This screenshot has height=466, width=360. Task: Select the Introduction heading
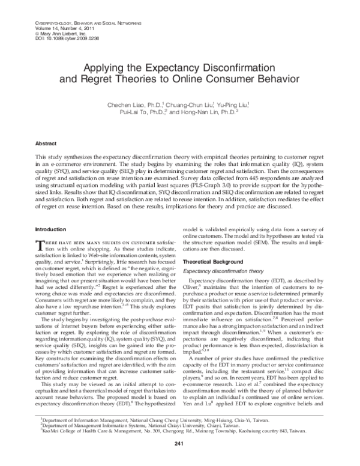point(51,229)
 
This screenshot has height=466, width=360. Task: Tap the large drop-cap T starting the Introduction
point(40,245)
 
